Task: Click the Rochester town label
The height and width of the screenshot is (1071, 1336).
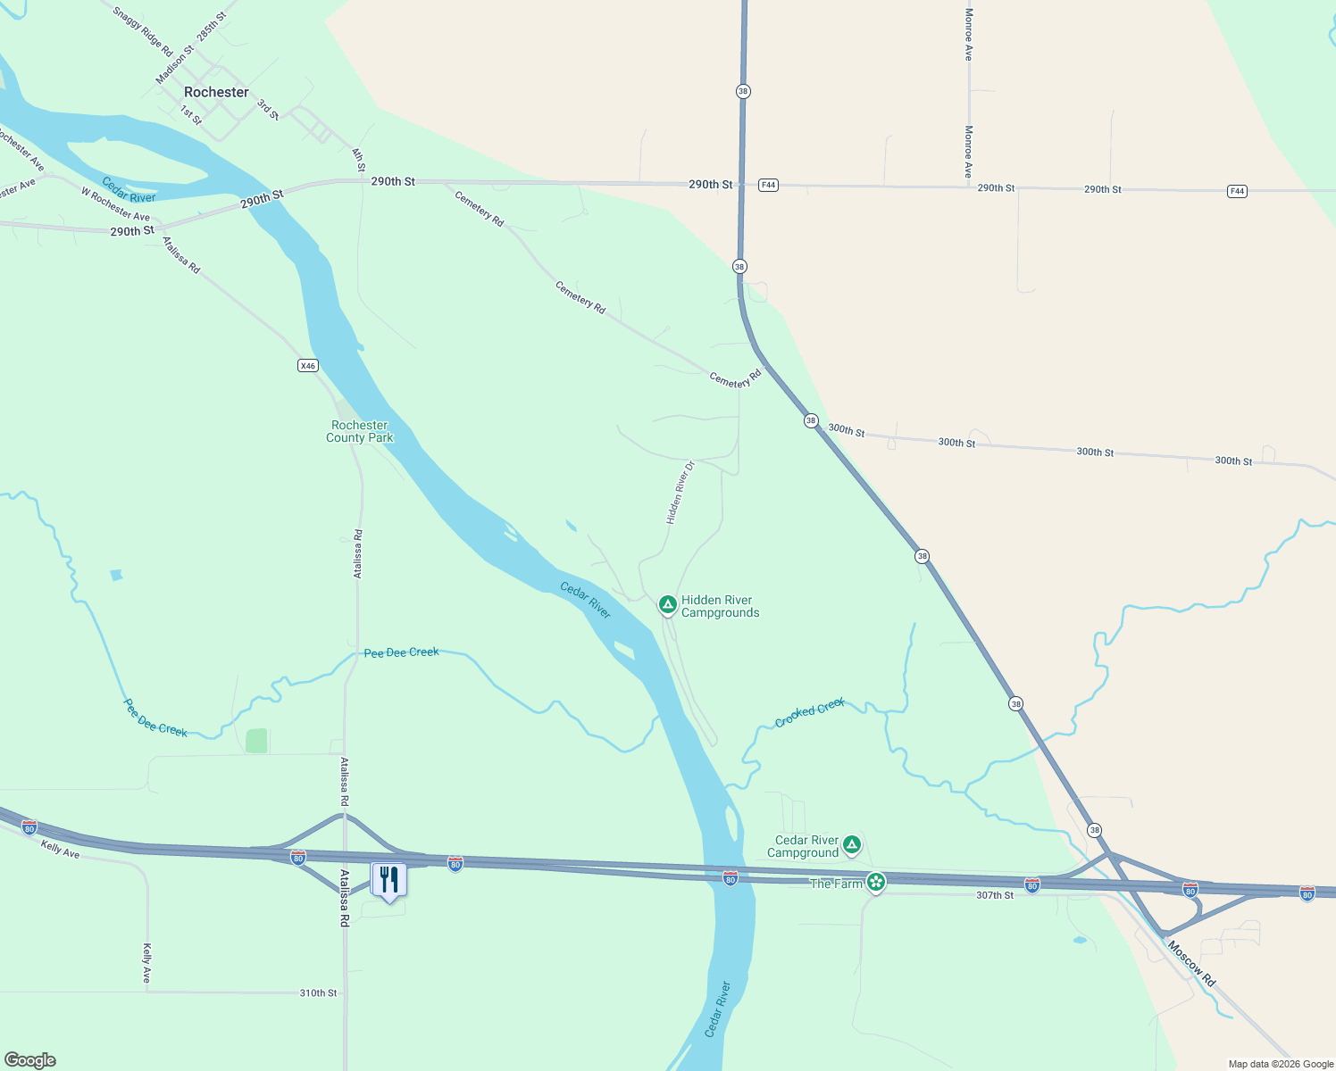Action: tap(216, 92)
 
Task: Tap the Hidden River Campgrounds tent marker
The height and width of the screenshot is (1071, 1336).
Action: tap(667, 605)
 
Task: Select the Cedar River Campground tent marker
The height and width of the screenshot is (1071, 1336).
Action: tap(852, 844)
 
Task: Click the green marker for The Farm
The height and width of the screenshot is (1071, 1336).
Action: tap(876, 883)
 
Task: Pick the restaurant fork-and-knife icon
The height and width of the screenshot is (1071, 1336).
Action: tap(388, 880)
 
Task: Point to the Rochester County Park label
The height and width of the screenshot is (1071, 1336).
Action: tap(360, 432)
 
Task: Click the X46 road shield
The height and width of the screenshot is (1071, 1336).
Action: tap(307, 365)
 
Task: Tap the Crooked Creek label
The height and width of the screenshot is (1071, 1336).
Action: tap(810, 712)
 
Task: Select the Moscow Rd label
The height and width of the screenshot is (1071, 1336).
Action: tap(1191, 964)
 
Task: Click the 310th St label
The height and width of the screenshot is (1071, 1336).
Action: tap(318, 992)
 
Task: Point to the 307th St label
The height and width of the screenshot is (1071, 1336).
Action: tap(995, 895)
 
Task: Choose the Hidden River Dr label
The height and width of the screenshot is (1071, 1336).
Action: tap(680, 492)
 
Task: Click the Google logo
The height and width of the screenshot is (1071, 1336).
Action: tap(30, 1060)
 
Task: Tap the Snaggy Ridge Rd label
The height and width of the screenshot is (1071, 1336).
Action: tap(143, 33)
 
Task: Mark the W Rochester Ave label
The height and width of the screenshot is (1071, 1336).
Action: tap(115, 204)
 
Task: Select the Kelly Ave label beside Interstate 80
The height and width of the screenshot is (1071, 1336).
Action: tap(60, 849)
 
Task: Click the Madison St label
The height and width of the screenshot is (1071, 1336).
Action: tap(174, 65)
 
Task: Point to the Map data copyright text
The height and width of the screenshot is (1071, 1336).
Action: tap(1281, 1064)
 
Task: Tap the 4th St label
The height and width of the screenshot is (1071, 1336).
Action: tap(359, 160)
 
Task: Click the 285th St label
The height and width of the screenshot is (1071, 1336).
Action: tap(212, 27)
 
